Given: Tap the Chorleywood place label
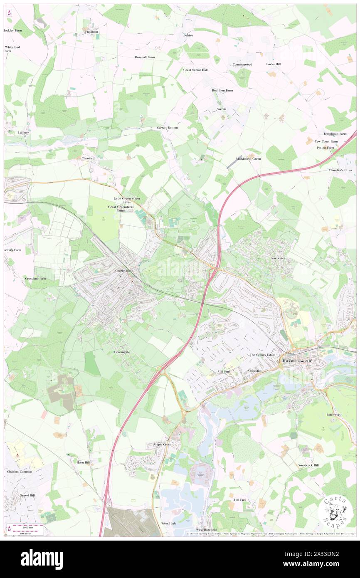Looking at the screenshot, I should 124,271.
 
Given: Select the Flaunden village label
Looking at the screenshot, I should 91,32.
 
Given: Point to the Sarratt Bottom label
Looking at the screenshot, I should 167,128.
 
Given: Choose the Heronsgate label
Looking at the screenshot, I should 122,352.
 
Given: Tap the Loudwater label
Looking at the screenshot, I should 278,258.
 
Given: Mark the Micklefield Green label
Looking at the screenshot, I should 248,158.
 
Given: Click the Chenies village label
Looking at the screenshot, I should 87,158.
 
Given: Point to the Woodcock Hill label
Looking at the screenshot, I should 308,465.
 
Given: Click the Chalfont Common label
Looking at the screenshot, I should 20,472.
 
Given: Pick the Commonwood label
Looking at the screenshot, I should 242,64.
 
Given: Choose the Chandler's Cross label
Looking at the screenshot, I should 340,170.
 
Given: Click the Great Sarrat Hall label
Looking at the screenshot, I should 195,70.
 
